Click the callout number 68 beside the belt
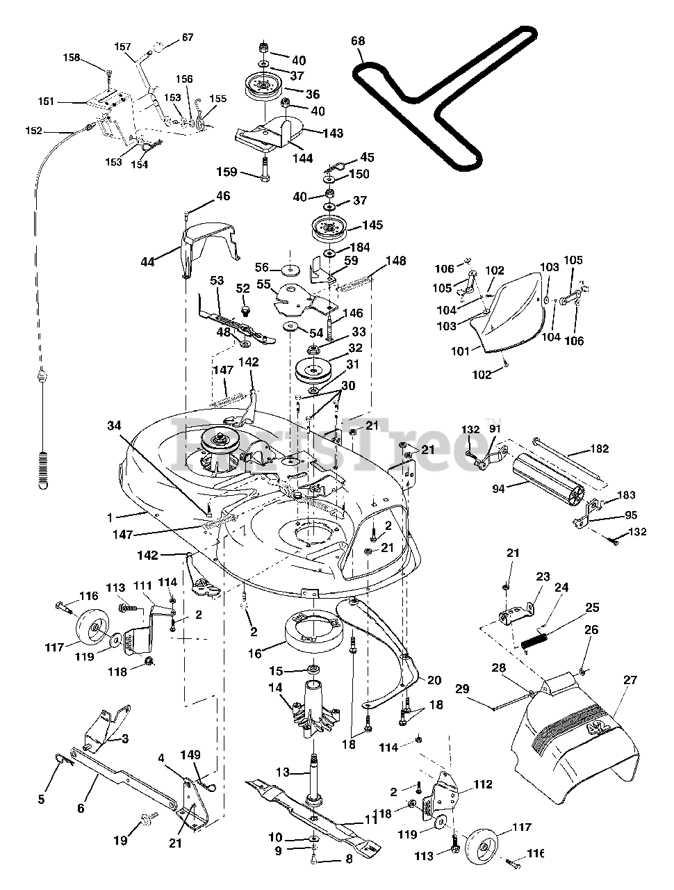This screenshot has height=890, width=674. pos(358,41)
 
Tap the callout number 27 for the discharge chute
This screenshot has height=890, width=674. pos(631,680)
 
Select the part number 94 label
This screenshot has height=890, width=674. pos(498,489)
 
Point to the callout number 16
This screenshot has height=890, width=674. pos(255,654)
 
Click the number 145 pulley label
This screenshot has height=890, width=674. pos(372,225)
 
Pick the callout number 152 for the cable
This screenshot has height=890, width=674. pos(33,131)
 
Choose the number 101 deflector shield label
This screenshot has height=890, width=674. pos(461,351)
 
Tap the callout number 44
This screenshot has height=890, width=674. pos(147,262)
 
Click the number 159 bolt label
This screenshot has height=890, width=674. pos(227,172)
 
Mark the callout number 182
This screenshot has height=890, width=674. pos(600,449)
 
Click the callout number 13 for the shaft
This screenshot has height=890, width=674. pos(283,772)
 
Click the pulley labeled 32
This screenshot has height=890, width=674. pos(314,370)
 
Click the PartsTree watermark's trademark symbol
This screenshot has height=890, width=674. pos(496,421)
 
